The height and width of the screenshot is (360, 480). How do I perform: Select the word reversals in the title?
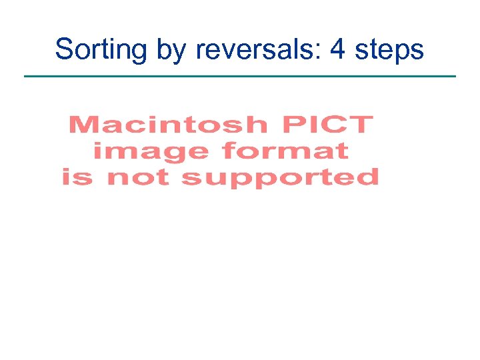pos(253,49)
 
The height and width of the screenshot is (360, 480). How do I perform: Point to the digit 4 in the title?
pos(337,49)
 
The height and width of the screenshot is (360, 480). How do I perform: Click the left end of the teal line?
pos(25,76)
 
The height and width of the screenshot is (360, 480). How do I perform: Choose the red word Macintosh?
pos(167,125)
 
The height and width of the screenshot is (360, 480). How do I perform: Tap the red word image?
pos(151,151)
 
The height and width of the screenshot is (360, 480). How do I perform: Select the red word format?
pos(285,151)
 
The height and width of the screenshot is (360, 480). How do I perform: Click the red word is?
pos(78,177)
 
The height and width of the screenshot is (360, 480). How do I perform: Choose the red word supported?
pos(280,178)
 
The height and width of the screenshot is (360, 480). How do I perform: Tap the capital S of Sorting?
pos(64,49)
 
